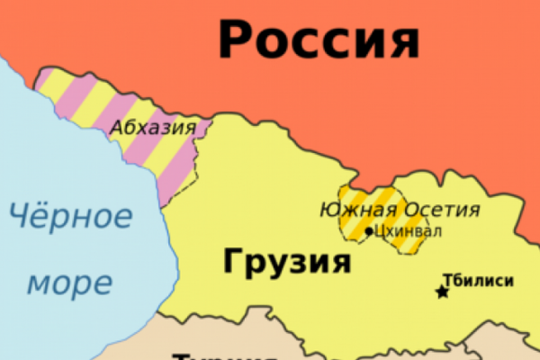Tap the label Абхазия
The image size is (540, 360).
click(153, 128)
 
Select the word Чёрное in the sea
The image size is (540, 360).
click(70, 215)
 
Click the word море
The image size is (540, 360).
click(69, 283)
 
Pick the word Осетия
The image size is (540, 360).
click(441, 211)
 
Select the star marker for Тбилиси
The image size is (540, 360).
click(442, 292)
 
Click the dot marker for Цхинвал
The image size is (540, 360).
click(369, 231)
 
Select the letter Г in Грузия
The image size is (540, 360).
click(230, 261)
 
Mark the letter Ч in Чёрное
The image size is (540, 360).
click(18, 215)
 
